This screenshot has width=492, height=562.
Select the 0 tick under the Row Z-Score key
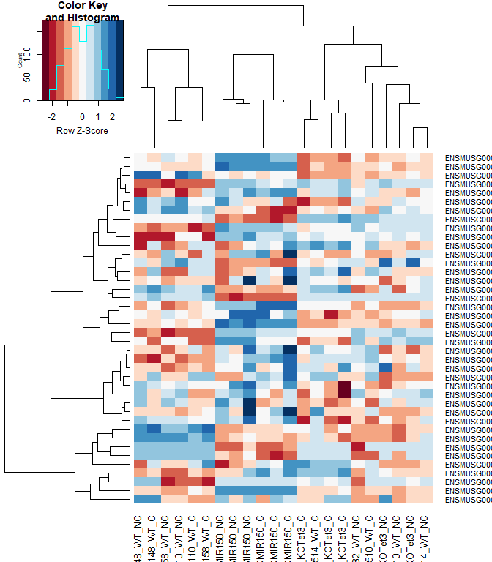(x=83, y=116)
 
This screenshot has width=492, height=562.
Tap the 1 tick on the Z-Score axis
(x=98, y=116)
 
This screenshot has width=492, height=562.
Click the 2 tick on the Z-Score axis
(x=113, y=116)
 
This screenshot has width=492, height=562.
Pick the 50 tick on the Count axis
(x=29, y=77)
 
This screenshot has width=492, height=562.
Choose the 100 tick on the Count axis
(x=29, y=53)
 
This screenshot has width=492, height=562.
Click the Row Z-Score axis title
(x=82, y=131)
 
